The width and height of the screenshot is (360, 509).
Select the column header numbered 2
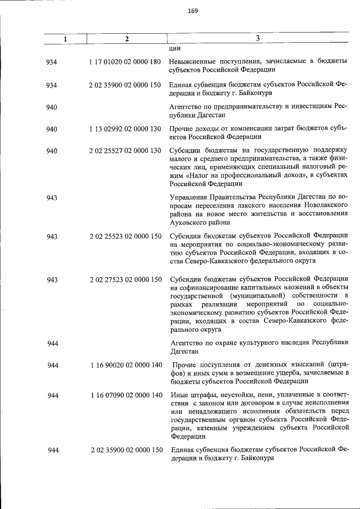click(x=127, y=39)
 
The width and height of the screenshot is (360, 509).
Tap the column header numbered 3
click(x=256, y=38)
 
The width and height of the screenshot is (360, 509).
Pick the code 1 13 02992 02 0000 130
click(x=125, y=129)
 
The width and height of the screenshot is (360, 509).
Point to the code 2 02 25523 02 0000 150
click(x=125, y=236)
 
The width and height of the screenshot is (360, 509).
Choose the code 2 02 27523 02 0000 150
click(x=125, y=280)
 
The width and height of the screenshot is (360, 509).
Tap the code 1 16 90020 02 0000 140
click(x=125, y=366)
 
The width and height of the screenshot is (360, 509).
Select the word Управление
click(x=190, y=197)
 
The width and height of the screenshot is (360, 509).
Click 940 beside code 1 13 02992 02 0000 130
click(x=52, y=129)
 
